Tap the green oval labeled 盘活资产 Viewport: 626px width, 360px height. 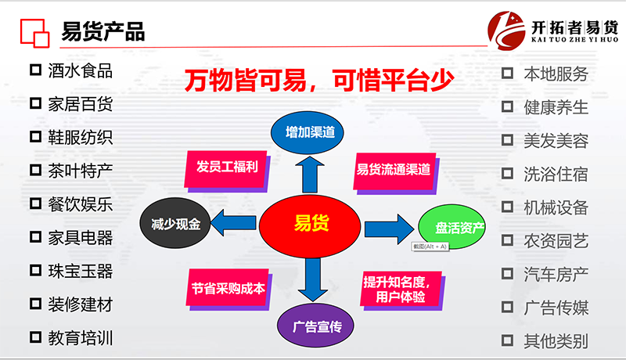pos(459,228)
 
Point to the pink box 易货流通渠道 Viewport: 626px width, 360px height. pos(394,168)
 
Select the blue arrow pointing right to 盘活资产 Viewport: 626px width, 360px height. pos(388,226)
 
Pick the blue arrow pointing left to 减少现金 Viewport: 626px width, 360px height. pos(232,223)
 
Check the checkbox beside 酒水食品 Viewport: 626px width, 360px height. pos(35,70)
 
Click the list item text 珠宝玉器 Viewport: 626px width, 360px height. pos(80,271)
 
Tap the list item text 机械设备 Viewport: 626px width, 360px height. pos(555,207)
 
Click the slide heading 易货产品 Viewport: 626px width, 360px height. pos(103,32)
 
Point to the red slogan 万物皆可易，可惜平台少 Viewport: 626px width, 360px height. pos(318,81)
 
